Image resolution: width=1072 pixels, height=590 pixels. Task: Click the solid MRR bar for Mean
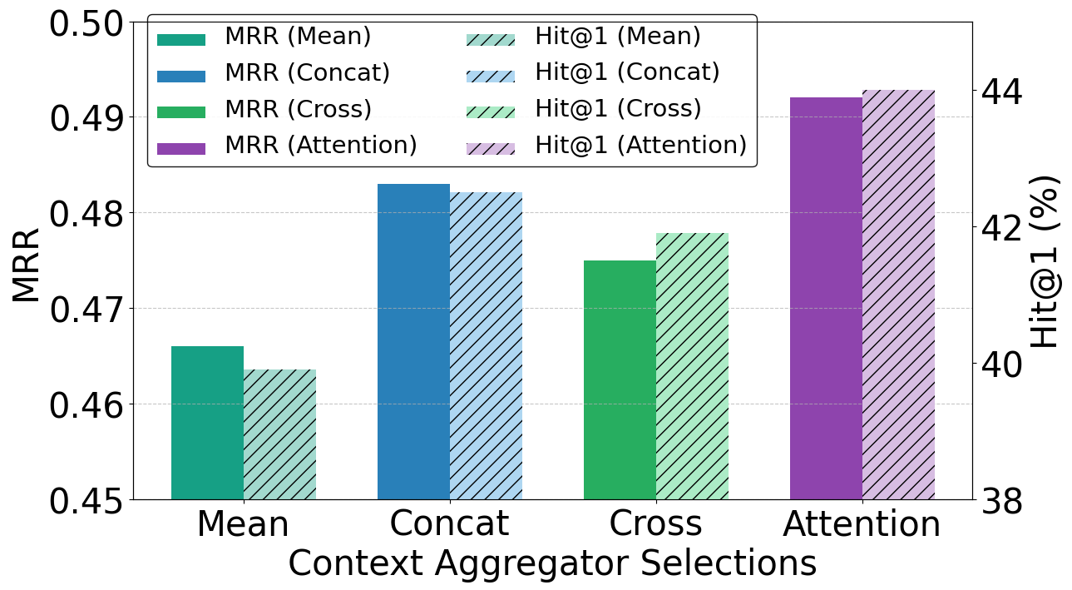point(207,423)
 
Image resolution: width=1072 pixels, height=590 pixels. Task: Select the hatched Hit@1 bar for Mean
point(279,434)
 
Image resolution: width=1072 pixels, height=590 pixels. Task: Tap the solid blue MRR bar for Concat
point(413,341)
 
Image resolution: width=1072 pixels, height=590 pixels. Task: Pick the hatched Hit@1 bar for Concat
point(486,345)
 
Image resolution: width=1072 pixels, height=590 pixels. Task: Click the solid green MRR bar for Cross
point(620,379)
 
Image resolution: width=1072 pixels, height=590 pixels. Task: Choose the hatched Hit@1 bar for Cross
point(692,366)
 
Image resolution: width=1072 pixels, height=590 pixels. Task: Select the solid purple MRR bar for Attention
point(825,298)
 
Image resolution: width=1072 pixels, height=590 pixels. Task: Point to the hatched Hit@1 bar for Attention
point(898,295)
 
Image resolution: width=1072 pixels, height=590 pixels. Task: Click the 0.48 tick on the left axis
point(86,214)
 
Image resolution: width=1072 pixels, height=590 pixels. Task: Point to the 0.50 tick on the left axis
point(86,23)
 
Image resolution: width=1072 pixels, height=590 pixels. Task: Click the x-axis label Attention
point(862,524)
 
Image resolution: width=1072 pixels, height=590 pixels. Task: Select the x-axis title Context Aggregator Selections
point(552,563)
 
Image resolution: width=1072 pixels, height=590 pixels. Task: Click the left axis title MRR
point(27,264)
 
